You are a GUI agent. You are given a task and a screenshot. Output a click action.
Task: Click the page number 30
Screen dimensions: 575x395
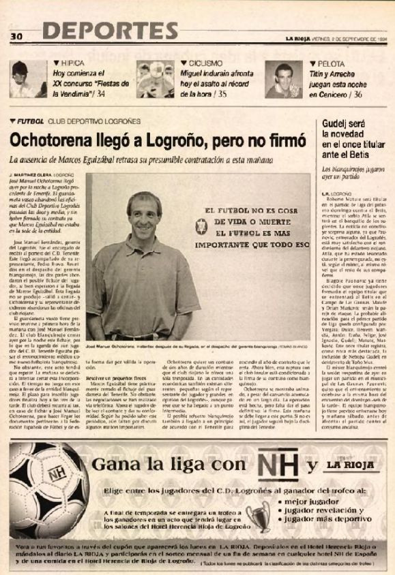[x=17, y=36]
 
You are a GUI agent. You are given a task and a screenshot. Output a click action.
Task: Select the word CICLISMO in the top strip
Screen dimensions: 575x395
[x=204, y=62]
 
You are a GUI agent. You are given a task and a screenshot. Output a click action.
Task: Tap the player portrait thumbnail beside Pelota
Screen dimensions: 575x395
[x=280, y=80]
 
